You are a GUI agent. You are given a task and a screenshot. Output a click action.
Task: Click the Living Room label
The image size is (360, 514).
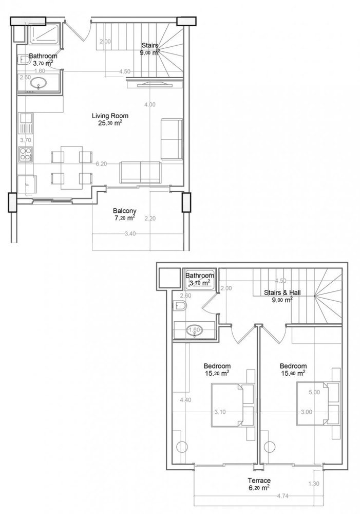(x=107, y=116)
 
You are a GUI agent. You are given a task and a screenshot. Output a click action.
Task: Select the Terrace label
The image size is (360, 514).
(x=259, y=481)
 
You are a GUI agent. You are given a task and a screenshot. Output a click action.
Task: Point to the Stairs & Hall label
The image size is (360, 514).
(x=282, y=292)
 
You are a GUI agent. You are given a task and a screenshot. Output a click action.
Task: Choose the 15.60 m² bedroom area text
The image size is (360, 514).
(x=293, y=374)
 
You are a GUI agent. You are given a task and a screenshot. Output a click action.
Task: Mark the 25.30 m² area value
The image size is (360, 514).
(x=107, y=123)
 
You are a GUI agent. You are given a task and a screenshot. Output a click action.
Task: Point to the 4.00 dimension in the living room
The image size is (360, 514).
(x=149, y=104)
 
